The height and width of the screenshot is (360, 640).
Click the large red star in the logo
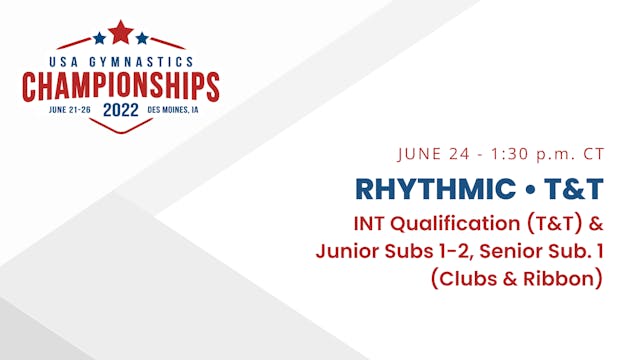pyautogui.click(x=120, y=33)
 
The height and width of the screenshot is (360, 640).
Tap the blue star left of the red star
pyautogui.click(x=99, y=39)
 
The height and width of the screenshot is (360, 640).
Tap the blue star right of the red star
pyautogui.click(x=142, y=39)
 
